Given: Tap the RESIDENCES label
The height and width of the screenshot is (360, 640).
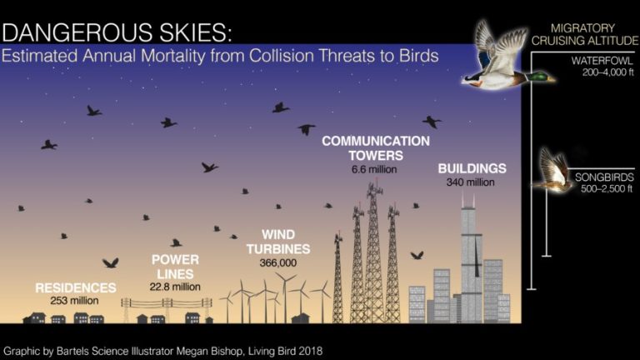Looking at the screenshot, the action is coord(76,287).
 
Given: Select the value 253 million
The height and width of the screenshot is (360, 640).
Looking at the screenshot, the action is coord(75,301).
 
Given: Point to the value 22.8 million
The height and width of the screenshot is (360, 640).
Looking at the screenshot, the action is coord(175,287).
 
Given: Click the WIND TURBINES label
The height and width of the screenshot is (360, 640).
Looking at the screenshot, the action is coord(278,242).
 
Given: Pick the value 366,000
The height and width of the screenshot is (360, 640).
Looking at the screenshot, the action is coord(278,262).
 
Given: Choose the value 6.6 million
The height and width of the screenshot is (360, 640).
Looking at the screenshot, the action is coord(374,169).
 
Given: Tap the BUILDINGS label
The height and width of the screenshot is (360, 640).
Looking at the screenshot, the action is coord(472,168).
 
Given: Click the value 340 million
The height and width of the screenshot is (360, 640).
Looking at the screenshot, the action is coord(471,182).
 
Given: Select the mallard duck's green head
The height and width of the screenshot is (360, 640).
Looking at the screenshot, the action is coord(540,77).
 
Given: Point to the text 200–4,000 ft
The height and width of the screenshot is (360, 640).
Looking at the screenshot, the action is coord(608,72).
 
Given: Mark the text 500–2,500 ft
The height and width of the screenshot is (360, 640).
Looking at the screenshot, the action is coord(607,188).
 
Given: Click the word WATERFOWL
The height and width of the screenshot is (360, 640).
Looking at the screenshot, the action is coord(602,61).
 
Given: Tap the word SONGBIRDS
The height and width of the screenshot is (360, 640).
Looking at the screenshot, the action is coord(604,177).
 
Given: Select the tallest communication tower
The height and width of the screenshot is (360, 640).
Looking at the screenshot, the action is coord(374,253).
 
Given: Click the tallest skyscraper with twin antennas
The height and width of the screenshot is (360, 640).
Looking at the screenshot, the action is coord(472,261).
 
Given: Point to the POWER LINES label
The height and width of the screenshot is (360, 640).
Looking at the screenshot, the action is coord(175,267).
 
